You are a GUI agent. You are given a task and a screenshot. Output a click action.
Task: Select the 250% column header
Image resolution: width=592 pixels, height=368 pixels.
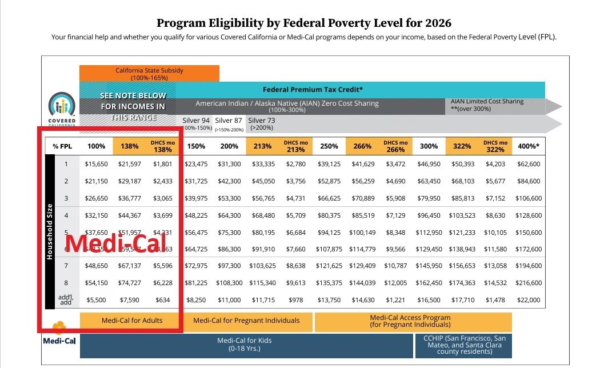pyautogui.click(x=329, y=146)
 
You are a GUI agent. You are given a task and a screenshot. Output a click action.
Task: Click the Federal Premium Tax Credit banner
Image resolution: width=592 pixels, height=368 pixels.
pyautogui.click(x=313, y=90)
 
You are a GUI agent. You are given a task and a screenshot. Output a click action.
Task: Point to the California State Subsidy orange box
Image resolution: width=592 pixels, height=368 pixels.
pyautogui.click(x=149, y=73)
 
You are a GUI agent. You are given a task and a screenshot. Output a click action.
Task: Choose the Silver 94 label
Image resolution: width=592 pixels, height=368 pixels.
pyautogui.click(x=195, y=121)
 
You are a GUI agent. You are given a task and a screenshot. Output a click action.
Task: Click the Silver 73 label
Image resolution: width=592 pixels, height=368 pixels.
pyautogui.click(x=262, y=121)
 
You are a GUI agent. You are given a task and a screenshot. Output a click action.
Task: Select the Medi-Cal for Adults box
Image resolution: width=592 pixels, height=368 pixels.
pyautogui.click(x=132, y=321)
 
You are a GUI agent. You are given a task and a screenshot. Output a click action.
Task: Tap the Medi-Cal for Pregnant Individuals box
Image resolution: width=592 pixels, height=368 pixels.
pyautogui.click(x=249, y=321)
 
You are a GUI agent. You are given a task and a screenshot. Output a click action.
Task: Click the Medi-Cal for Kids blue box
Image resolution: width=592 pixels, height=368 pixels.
pyautogui.click(x=245, y=344)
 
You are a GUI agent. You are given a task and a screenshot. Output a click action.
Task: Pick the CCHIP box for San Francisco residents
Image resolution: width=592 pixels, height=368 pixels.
pyautogui.click(x=464, y=345)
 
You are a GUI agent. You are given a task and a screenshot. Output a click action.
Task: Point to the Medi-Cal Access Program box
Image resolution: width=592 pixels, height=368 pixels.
pyautogui.click(x=410, y=321)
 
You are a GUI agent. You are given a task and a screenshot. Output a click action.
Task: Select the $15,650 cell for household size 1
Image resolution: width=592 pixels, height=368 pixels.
pyautogui.click(x=96, y=164)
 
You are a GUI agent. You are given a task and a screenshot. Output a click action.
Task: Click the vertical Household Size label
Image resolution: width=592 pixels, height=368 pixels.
pyautogui.click(x=50, y=232)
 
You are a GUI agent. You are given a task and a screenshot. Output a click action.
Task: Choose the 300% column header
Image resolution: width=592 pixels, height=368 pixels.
pyautogui.click(x=429, y=146)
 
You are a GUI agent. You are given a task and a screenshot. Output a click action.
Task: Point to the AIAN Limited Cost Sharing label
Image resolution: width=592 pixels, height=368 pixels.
pyautogui.click(x=487, y=105)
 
